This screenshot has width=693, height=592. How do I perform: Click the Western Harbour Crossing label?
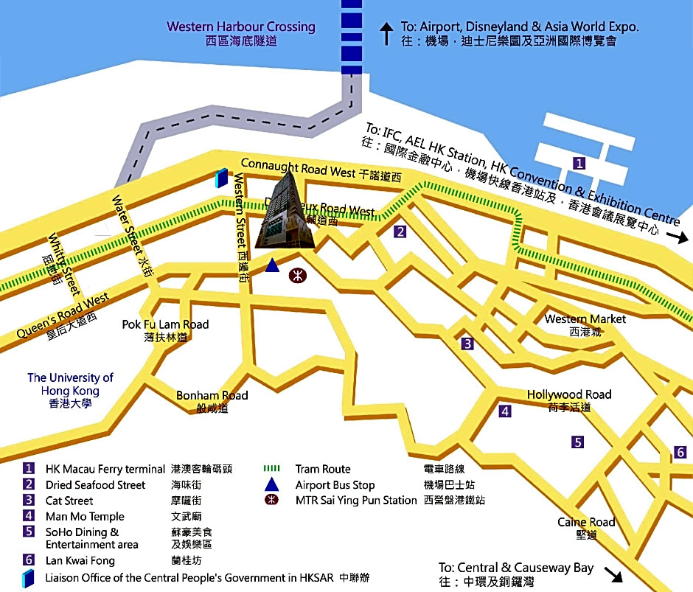tap(240, 27)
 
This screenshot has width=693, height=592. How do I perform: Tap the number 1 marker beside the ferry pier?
tap(579, 164)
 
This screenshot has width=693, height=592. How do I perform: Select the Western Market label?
tap(585, 319)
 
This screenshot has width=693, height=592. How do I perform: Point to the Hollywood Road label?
tap(569, 395)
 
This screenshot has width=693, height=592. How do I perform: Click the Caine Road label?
tap(586, 523)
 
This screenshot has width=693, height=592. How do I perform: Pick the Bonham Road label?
tap(212, 396)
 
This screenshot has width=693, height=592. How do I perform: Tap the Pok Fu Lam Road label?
tap(165, 324)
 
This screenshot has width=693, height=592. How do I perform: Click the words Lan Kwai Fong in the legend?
tap(80, 560)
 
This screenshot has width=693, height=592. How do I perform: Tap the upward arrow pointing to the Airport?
tap(386, 33)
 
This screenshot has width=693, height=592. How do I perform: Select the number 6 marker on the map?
tap(680, 452)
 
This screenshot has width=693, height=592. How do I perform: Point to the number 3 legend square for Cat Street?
tap(29, 501)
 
